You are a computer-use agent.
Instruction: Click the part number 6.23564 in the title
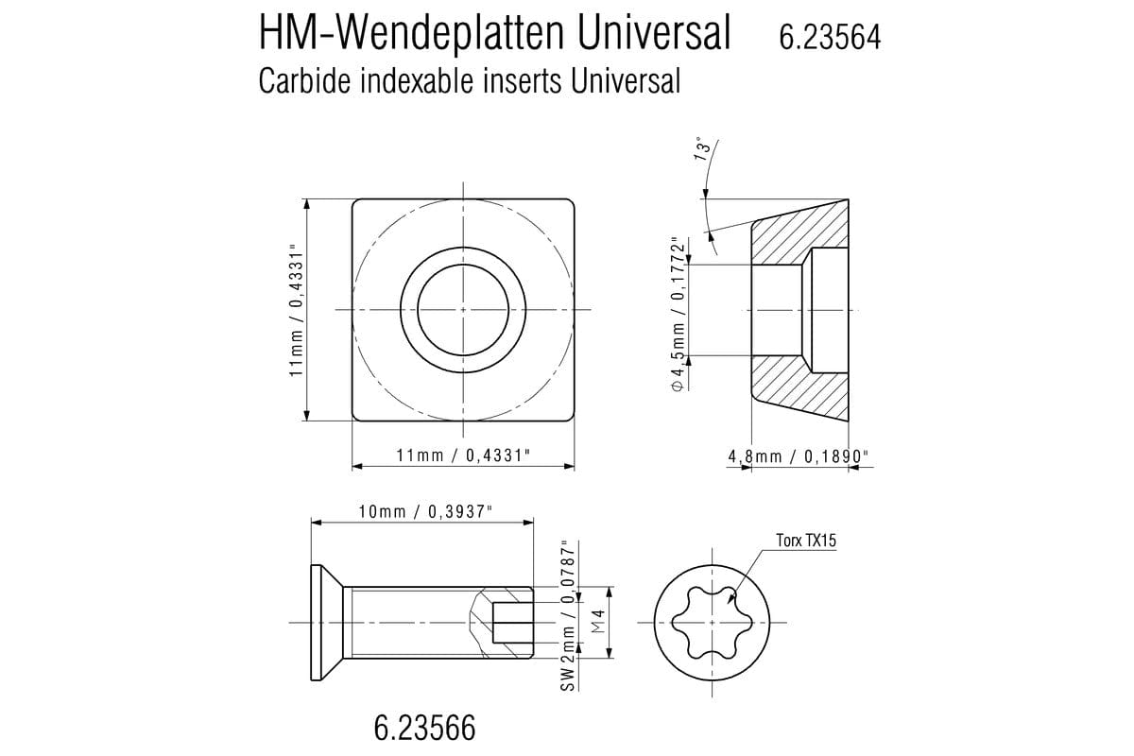[829, 37]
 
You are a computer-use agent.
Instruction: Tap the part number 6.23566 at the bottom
[424, 728]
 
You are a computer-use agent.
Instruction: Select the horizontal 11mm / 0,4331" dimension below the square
[462, 455]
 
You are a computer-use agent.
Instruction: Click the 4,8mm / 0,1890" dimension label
[799, 456]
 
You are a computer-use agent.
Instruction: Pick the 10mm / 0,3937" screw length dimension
[425, 511]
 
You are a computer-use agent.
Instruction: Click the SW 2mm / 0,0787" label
[568, 615]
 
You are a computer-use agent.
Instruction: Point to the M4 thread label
[597, 622]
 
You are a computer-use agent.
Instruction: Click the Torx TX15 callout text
[806, 541]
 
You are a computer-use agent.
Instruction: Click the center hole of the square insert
[462, 310]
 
